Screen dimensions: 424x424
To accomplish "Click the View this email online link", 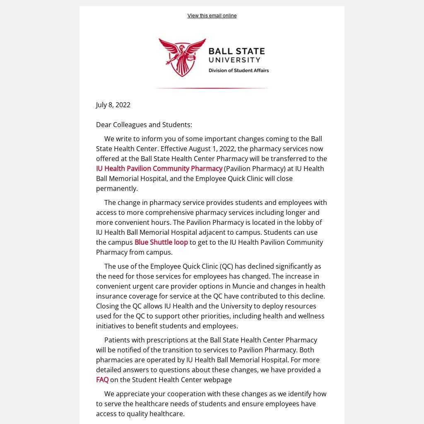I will click(x=212, y=16).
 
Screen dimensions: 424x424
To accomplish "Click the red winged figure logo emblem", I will click(x=182, y=57).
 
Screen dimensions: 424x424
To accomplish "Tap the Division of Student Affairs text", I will click(x=238, y=70).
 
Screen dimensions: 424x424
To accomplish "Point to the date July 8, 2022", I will click(x=113, y=105).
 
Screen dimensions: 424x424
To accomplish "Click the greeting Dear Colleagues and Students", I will click(x=144, y=125).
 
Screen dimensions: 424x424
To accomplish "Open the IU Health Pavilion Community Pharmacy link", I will click(x=159, y=169).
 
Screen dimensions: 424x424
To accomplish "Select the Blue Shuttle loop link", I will click(x=161, y=242).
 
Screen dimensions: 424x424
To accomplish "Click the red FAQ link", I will click(x=102, y=380).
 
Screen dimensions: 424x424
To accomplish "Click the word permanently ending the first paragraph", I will click(x=116, y=188).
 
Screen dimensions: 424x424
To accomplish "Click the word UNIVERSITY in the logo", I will click(x=234, y=60).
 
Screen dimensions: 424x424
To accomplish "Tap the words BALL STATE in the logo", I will click(x=236, y=51).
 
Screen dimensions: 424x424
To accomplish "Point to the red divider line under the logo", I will click(x=212, y=88).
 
